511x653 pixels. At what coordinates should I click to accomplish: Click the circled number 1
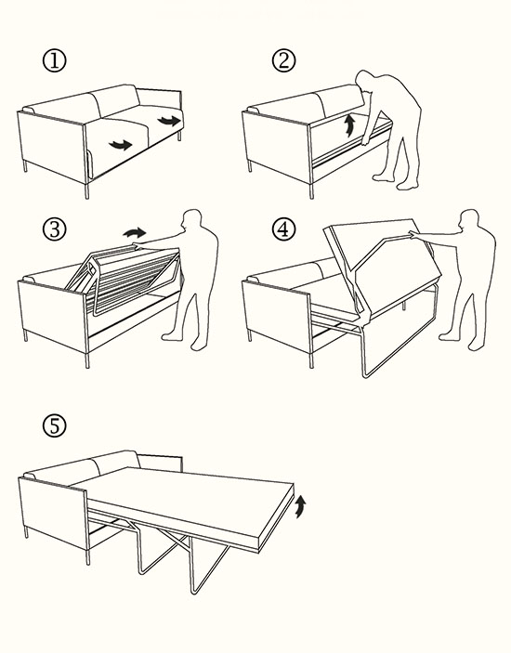[x=55, y=60]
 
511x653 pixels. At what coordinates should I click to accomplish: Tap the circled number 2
[x=284, y=60]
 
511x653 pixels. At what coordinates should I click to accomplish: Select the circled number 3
[x=55, y=229]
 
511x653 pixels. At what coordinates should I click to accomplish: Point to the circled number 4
[x=284, y=229]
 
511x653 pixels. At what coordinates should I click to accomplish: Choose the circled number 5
[x=55, y=426]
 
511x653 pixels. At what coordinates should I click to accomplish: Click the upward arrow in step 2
[x=350, y=125]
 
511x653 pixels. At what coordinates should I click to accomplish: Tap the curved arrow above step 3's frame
[x=135, y=232]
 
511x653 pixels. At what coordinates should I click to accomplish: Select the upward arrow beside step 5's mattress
[x=301, y=506]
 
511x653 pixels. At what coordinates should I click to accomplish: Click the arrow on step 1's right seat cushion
[x=169, y=121]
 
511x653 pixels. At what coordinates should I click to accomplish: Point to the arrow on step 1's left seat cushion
[x=121, y=145]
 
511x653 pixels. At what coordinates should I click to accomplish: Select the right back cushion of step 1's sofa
[x=117, y=100]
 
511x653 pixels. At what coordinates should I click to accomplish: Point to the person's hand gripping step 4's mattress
[x=413, y=234]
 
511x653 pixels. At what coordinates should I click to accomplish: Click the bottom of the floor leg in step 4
[x=366, y=374]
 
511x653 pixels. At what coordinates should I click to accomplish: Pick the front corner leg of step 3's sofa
[x=87, y=360]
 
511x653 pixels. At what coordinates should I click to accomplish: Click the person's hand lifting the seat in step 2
[x=365, y=141]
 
